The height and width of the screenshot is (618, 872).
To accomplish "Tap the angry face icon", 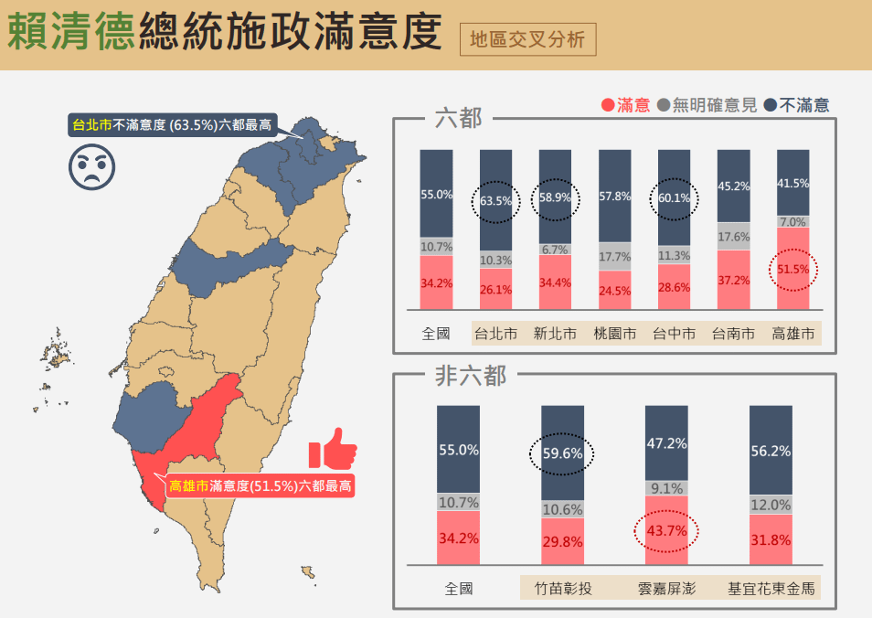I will pyautogui.click(x=92, y=165).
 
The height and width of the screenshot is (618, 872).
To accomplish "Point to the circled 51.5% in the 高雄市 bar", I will pyautogui.click(x=792, y=270).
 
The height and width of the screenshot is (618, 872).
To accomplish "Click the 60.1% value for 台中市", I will pyautogui.click(x=673, y=198).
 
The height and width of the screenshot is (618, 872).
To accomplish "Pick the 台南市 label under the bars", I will pyautogui.click(x=733, y=334).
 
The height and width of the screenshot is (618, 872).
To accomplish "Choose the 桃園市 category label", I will pyautogui.click(x=614, y=334).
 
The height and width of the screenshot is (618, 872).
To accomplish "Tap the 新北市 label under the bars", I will pyautogui.click(x=555, y=334).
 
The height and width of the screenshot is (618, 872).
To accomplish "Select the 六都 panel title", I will pyautogui.click(x=458, y=118).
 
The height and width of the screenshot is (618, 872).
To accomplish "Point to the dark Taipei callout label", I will pyautogui.click(x=172, y=124).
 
